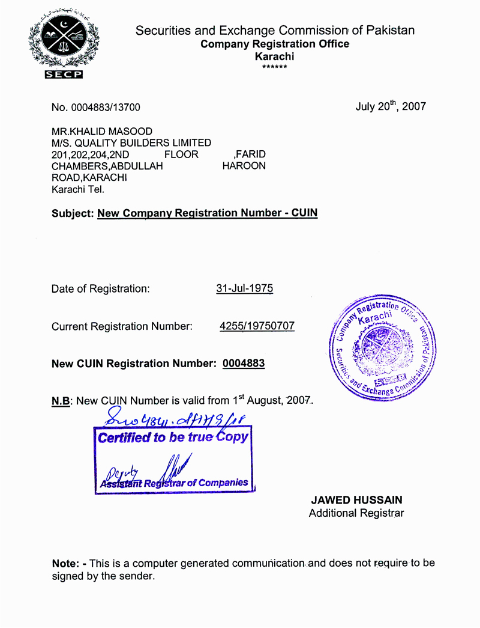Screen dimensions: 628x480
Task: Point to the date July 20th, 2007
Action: [391, 106]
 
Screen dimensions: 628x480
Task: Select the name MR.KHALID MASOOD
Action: [102, 132]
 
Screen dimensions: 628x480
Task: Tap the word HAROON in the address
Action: [244, 166]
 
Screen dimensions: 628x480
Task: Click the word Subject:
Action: [73, 213]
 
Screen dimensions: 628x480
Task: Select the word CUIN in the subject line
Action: [304, 213]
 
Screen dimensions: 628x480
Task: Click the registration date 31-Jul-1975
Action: [244, 288]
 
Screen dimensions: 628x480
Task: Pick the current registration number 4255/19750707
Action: [257, 326]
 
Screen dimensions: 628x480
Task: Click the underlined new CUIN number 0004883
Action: [244, 364]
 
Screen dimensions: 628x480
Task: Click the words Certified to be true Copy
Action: [173, 437]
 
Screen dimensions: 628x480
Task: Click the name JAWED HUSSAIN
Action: [356, 500]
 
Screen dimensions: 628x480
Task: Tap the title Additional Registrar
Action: [356, 513]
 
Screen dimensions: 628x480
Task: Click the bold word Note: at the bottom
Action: [67, 564]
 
